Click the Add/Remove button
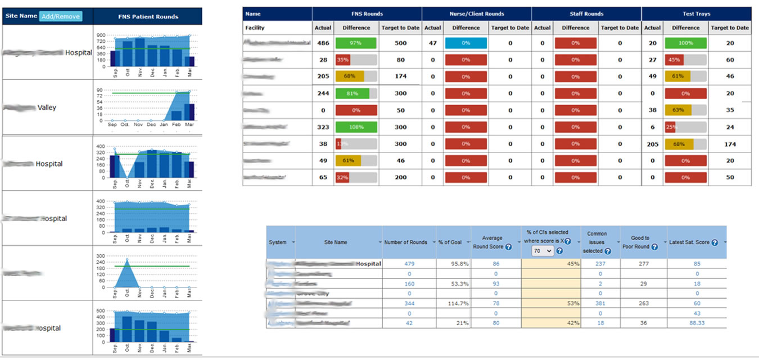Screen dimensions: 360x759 pyautogui.click(x=61, y=16)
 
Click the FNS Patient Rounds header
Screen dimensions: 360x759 pyautogui.click(x=147, y=16)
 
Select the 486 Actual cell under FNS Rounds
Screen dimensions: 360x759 pyautogui.click(x=323, y=43)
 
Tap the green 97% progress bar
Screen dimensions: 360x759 pyautogui.click(x=356, y=43)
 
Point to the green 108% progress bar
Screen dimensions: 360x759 pyautogui.click(x=356, y=127)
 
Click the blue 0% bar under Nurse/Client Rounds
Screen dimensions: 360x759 pyautogui.click(x=466, y=43)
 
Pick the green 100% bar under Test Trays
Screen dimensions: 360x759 pyautogui.click(x=685, y=43)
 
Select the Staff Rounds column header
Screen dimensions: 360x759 pyautogui.click(x=586, y=13)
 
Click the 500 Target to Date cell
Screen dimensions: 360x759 pyautogui.click(x=400, y=43)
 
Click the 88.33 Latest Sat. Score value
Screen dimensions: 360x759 pyautogui.click(x=697, y=323)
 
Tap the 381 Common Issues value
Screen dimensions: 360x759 pyautogui.click(x=600, y=303)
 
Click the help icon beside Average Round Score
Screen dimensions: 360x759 pyautogui.click(x=508, y=247)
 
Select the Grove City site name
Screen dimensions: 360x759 pyautogui.click(x=313, y=293)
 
